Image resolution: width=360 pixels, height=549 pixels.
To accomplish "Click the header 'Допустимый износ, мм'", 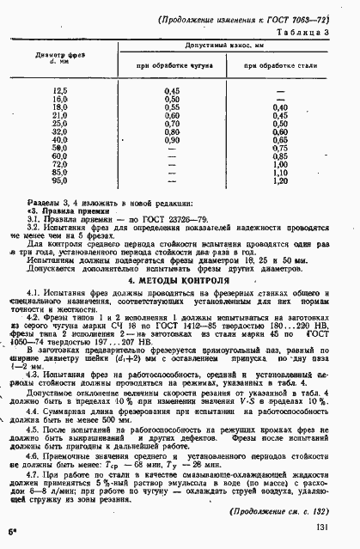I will coord(224,44).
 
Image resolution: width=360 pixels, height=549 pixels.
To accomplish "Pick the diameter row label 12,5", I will coord(60,90).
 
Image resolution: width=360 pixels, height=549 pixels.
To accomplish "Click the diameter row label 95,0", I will coord(60,182).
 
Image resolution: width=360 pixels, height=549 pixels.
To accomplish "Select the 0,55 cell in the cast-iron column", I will coord(171,107).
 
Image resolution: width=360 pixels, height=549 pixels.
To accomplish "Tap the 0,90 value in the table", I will coord(171,139).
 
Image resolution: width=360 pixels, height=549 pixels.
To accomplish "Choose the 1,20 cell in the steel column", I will coord(278,182).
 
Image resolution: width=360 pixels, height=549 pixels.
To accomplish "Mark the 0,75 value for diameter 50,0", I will coord(278,148).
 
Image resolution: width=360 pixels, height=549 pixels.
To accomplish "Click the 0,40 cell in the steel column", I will coord(278,107).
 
